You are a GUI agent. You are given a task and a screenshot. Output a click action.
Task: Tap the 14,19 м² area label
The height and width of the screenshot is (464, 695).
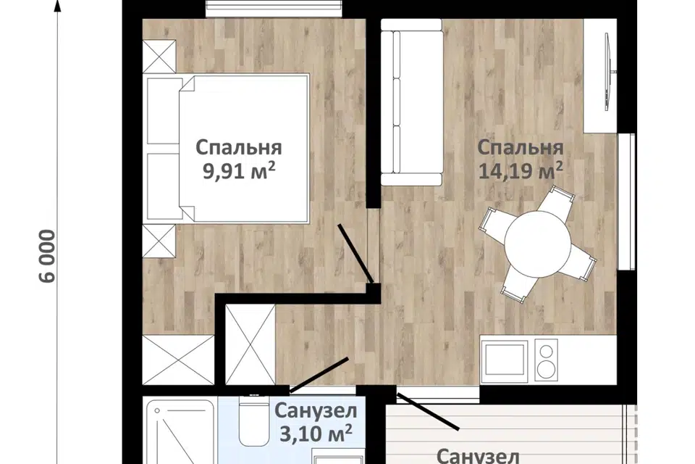pyautogui.click(x=521, y=171)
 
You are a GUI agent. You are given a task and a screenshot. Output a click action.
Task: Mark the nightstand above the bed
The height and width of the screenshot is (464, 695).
pyautogui.click(x=159, y=57)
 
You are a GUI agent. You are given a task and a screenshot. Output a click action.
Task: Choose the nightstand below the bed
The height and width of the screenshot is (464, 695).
pyautogui.click(x=159, y=241)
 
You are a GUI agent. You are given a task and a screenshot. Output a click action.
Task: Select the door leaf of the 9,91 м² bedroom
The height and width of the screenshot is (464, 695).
pyautogui.click(x=356, y=254)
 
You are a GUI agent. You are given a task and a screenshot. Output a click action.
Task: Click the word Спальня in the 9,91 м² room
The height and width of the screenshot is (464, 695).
pyautogui.click(x=239, y=149)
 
